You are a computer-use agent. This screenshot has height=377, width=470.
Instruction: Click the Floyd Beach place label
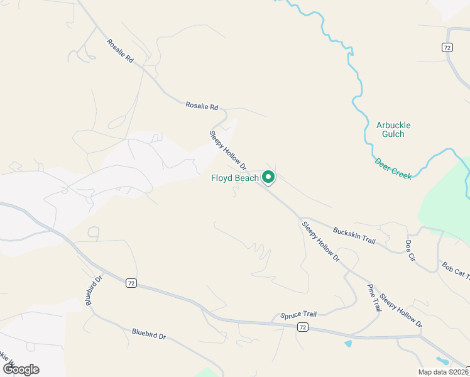coord(234,178)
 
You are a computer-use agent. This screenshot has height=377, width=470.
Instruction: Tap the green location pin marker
coord(268,178)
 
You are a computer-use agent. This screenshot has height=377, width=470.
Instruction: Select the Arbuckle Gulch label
coord(395,129)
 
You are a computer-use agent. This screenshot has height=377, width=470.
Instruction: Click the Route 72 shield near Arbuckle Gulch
coord(447,47)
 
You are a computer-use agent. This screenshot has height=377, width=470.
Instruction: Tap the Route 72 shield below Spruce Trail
coord(303,327)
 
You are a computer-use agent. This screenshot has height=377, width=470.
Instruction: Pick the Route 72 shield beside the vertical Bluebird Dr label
coord(130,283)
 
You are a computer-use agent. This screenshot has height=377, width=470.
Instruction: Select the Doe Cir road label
coord(410,249)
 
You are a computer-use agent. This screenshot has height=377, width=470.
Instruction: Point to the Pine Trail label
coord(374,297)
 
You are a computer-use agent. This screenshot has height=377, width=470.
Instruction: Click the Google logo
coord(21,369)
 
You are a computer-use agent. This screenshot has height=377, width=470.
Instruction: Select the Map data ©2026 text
coord(444,372)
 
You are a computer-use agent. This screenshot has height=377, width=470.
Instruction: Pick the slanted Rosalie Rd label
coord(120,51)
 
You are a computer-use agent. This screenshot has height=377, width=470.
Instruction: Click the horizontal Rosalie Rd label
coord(201,106)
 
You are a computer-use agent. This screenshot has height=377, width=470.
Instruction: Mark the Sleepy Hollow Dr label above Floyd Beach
coord(227,150)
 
